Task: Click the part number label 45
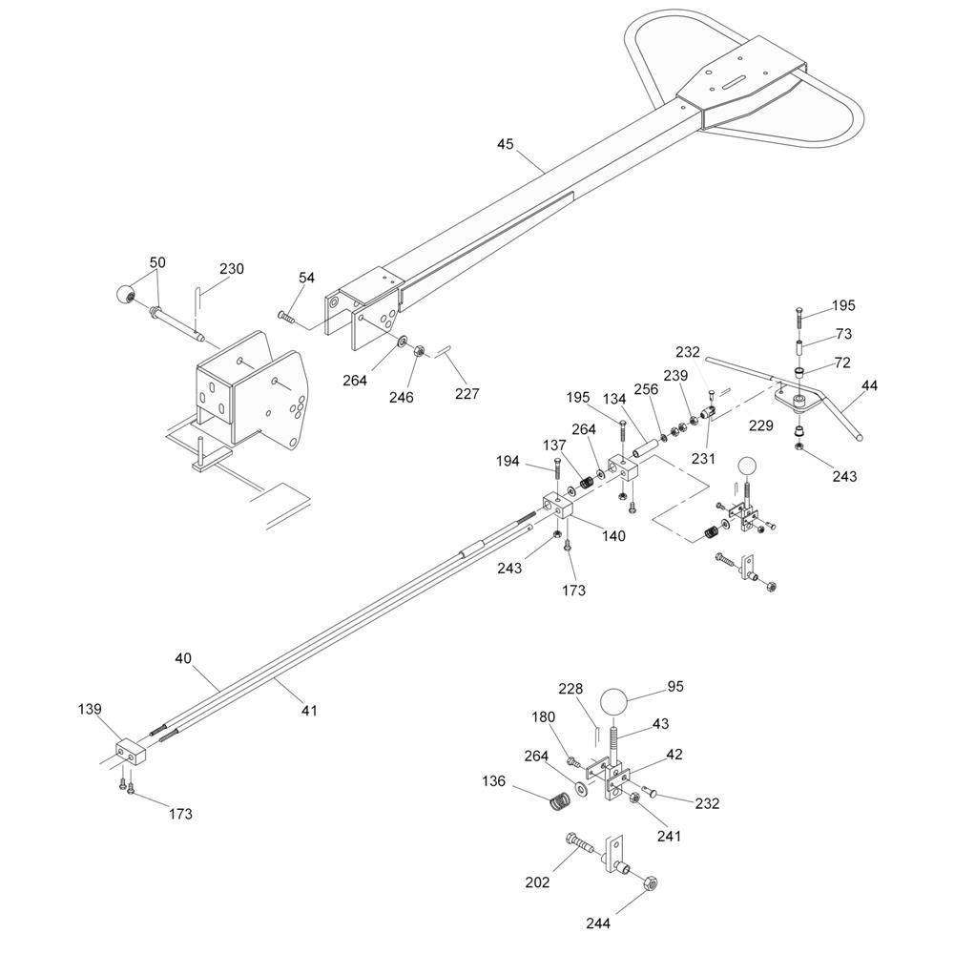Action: tap(505, 144)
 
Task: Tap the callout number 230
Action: tap(232, 269)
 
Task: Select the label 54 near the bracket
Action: tap(306, 278)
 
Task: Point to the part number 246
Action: tap(402, 397)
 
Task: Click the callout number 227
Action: tap(467, 394)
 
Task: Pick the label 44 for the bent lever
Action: tap(869, 385)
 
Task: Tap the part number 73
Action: tap(843, 334)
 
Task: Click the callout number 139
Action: tap(90, 710)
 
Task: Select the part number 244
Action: tap(598, 923)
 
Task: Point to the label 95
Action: tap(675, 686)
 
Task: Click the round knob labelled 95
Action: tap(613, 703)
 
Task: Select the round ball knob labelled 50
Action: tap(125, 295)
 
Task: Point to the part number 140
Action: tap(613, 536)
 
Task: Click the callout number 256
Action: tap(646, 389)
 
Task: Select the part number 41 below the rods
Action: tap(310, 710)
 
